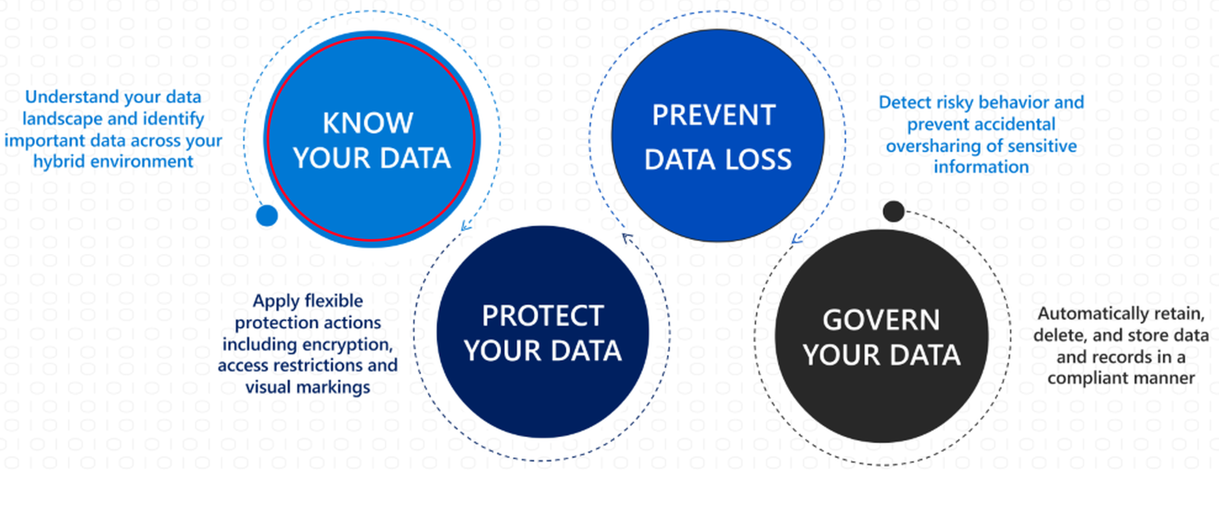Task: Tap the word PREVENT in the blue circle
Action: (714, 115)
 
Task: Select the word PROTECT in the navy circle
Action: (542, 315)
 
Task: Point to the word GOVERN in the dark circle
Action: (881, 320)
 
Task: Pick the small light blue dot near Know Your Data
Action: (267, 215)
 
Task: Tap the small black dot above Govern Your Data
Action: (893, 211)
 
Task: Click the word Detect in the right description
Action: (903, 102)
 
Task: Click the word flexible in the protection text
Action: (334, 301)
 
